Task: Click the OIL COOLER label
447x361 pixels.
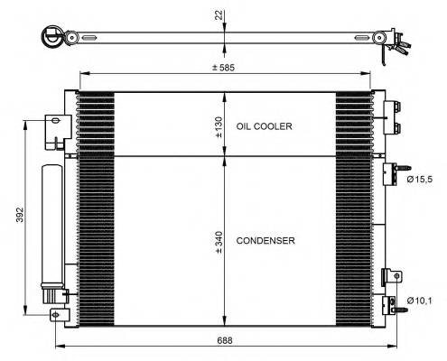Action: pyautogui.click(x=264, y=127)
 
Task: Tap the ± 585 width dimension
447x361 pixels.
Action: pyautogui.click(x=223, y=66)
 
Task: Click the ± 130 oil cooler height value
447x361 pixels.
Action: pyautogui.click(x=219, y=126)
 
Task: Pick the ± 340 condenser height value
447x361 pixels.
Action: pyautogui.click(x=219, y=241)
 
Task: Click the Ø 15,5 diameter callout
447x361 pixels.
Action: pyautogui.click(x=422, y=180)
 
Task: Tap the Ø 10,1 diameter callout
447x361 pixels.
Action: pyautogui.click(x=422, y=301)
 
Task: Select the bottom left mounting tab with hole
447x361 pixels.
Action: pyautogui.click(x=59, y=314)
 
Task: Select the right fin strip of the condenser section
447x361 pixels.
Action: pyautogui.click(x=353, y=239)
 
